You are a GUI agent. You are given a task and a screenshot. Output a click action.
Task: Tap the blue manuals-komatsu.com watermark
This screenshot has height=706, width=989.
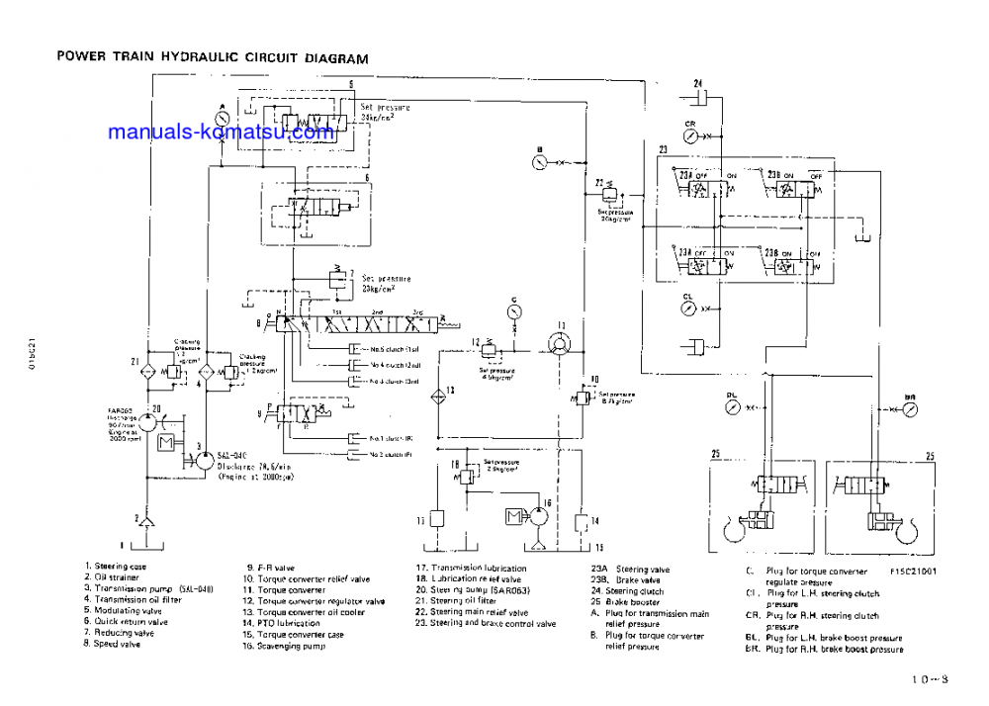221,132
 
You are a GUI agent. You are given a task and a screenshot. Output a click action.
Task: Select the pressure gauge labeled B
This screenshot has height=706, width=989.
539,161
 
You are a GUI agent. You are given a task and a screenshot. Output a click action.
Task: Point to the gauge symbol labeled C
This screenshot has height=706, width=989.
513,310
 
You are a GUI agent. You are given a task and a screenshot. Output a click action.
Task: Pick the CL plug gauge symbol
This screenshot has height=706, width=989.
688,309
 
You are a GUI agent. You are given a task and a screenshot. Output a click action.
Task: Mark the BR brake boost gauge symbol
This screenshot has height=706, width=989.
908,406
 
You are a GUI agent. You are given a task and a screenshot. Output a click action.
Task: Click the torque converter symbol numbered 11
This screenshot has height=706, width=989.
560,340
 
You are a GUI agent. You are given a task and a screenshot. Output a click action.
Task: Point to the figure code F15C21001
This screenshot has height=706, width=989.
913,571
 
